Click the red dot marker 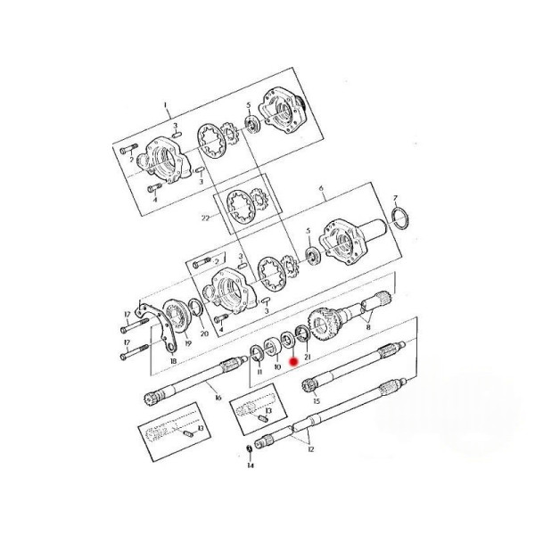coord(293,361)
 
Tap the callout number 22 coord(205,218)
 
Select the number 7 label coord(395,198)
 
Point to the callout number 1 coord(166,104)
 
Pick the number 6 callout coord(321,188)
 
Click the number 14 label coord(251,465)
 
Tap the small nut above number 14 coord(249,449)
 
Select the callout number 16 coord(218,398)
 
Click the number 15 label coord(317,401)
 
